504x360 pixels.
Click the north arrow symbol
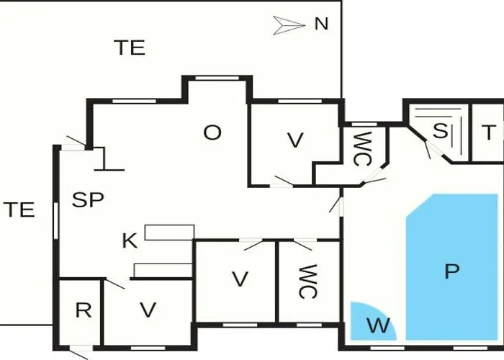click(289, 25)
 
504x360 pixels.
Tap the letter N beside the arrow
click(321, 24)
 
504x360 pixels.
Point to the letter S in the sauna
click(439, 131)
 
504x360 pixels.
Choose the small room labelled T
click(488, 132)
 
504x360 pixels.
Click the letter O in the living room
click(212, 133)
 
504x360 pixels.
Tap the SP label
click(89, 201)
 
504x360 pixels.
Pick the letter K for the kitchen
click(130, 241)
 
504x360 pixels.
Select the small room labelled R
click(84, 311)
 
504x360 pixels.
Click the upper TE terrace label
click(130, 48)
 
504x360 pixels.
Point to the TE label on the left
click(19, 210)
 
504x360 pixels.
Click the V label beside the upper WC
click(294, 140)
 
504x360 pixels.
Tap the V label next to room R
click(148, 310)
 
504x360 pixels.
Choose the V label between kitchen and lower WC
click(240, 279)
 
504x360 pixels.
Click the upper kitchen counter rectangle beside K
click(169, 232)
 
